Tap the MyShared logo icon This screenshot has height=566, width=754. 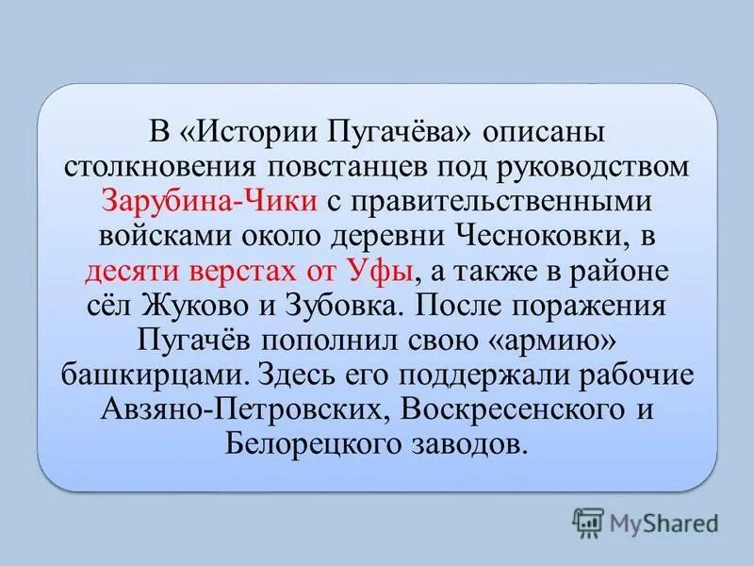(x=588, y=521)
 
